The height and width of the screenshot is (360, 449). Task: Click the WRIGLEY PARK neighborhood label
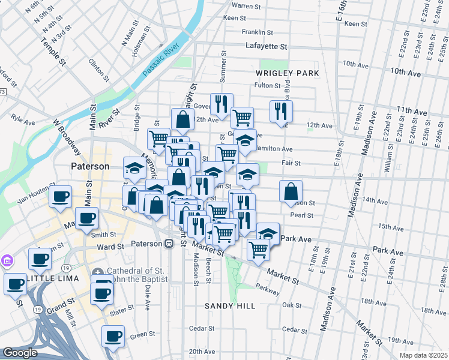(287, 73)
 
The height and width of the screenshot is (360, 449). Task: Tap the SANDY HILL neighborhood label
(230, 306)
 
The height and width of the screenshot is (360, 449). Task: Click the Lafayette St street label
(267, 46)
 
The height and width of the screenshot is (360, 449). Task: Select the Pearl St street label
(301, 215)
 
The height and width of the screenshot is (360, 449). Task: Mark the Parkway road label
(268, 286)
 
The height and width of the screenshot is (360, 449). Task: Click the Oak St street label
(291, 305)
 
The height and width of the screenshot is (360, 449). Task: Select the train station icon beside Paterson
(169, 244)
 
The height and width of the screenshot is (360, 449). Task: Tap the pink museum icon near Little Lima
(7, 261)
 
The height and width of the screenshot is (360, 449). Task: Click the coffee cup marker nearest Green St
(112, 337)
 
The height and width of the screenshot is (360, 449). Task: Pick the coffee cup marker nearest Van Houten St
(60, 197)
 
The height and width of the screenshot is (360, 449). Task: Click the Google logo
(20, 353)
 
